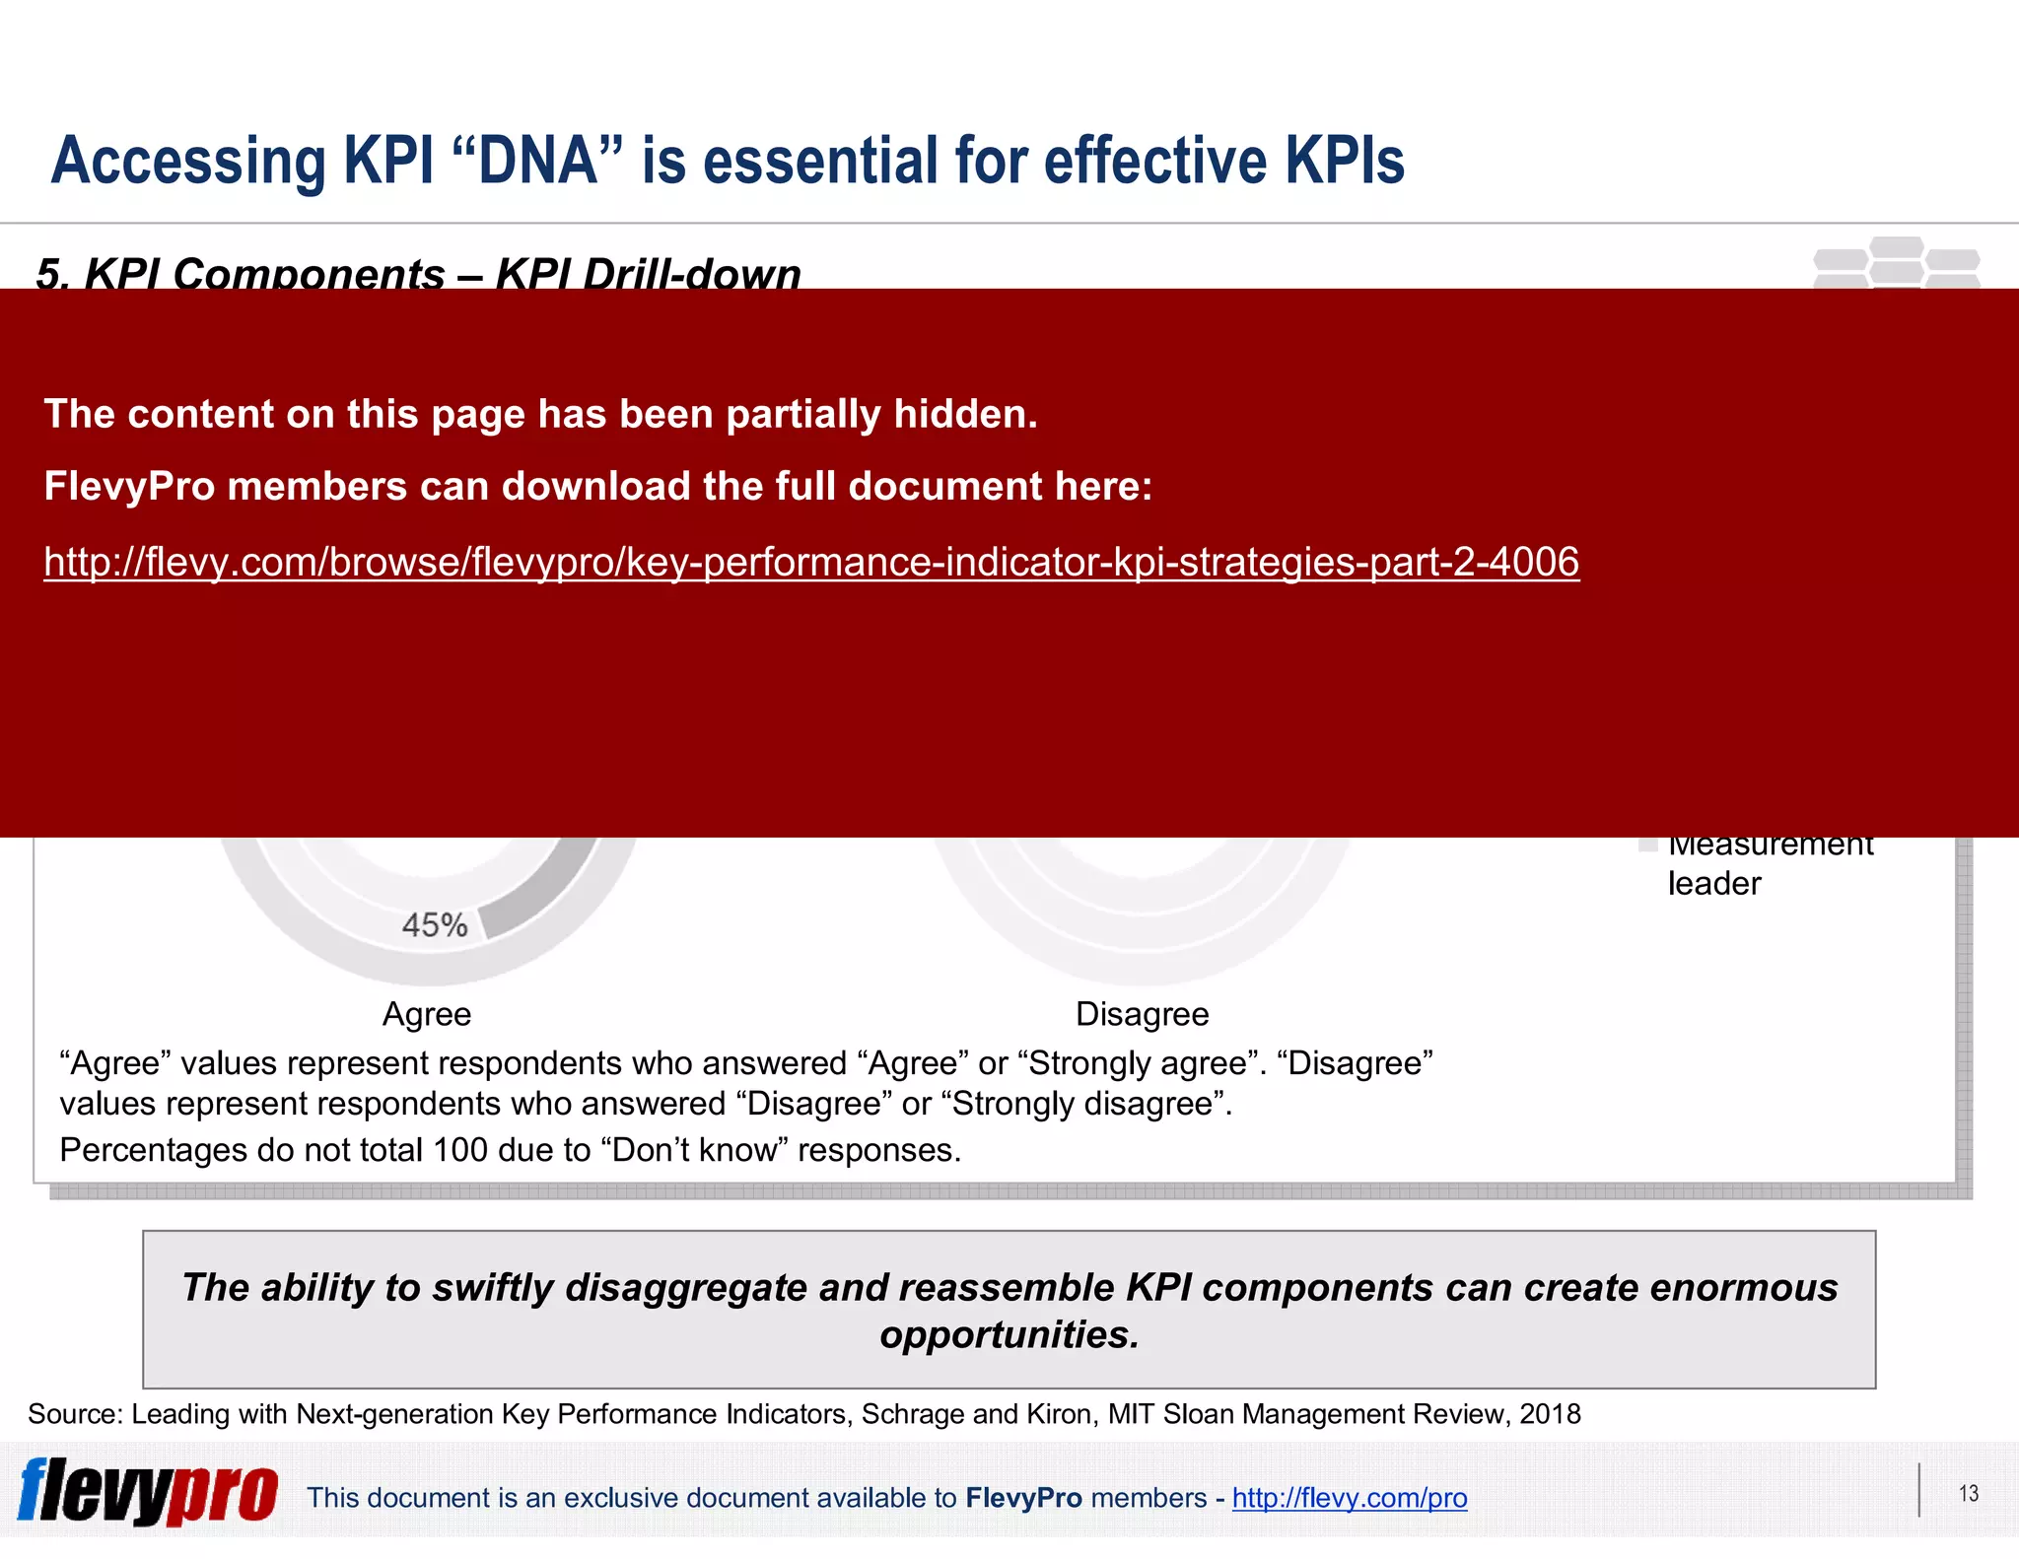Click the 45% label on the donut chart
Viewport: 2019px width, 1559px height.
tap(435, 924)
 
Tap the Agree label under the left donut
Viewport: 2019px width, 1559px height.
tap(427, 1014)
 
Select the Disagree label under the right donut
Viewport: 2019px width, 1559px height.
tap(1142, 1014)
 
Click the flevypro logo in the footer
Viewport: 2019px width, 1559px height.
tap(148, 1492)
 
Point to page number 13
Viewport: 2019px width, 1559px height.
tap(1969, 1494)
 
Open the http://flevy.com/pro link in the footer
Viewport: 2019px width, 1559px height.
tap(1349, 1498)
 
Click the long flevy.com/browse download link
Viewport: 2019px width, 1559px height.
tap(811, 562)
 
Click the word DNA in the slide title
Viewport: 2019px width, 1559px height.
tap(538, 161)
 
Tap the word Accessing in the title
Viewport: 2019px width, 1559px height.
tap(188, 161)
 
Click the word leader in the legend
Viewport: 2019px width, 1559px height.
tap(1713, 883)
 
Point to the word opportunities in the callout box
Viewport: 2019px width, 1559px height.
tap(1009, 1334)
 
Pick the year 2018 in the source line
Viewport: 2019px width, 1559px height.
tap(1550, 1414)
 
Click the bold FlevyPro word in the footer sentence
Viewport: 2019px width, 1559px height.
tap(1023, 1498)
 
